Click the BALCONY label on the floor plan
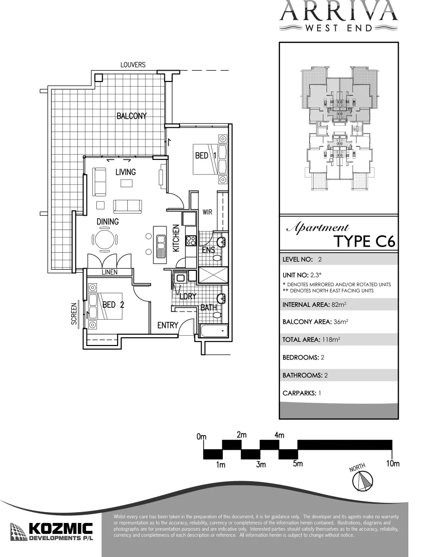(131, 116)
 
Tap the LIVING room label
(125, 172)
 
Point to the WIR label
(207, 212)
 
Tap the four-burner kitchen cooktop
(190, 240)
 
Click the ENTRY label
(168, 325)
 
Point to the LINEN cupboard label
(109, 272)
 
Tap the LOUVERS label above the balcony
(133, 65)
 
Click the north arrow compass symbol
(361, 481)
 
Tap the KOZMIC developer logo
(52, 532)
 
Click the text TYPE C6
(365, 241)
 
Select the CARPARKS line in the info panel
(302, 393)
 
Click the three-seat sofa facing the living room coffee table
(127, 206)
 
